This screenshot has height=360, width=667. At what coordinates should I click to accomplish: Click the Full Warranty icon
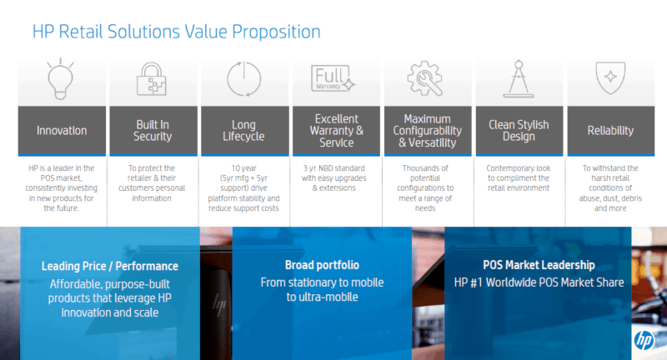[333, 78]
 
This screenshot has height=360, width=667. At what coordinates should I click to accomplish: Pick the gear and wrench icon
[425, 78]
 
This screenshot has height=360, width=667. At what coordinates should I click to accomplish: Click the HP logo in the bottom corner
[644, 340]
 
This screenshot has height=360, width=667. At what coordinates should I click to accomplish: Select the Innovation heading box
[62, 131]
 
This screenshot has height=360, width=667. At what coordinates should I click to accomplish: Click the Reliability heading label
[610, 131]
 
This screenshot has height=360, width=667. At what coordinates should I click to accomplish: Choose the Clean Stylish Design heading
[519, 131]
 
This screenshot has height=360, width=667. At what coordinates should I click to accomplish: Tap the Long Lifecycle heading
[243, 131]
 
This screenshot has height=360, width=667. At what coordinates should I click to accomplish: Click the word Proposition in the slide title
[276, 32]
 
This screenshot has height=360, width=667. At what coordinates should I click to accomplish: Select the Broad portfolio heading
[322, 265]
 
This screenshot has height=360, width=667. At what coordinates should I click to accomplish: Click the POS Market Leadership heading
[539, 265]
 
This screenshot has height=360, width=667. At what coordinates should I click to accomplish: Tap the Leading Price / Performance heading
[110, 266]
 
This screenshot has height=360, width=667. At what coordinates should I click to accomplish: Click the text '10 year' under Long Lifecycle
[243, 168]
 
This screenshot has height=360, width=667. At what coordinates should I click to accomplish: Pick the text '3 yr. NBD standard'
[334, 168]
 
